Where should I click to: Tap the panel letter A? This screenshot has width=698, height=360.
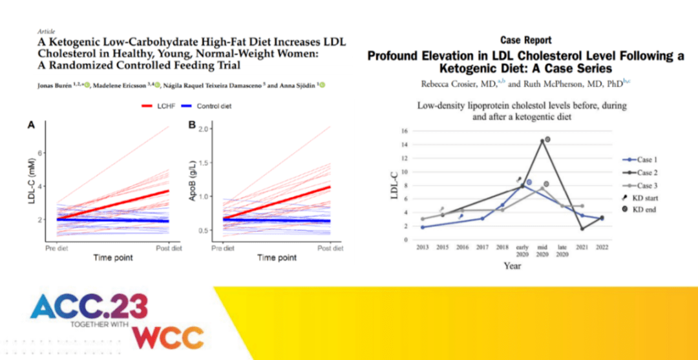point(30,125)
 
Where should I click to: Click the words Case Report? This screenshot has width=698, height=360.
point(525,41)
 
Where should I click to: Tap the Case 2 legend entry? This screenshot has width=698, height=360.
point(644,173)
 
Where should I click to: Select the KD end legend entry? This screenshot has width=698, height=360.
point(644,210)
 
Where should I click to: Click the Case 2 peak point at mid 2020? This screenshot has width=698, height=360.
point(542,141)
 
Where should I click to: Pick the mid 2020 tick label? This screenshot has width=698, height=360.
point(542,251)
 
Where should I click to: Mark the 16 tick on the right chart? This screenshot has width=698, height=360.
point(405,131)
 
